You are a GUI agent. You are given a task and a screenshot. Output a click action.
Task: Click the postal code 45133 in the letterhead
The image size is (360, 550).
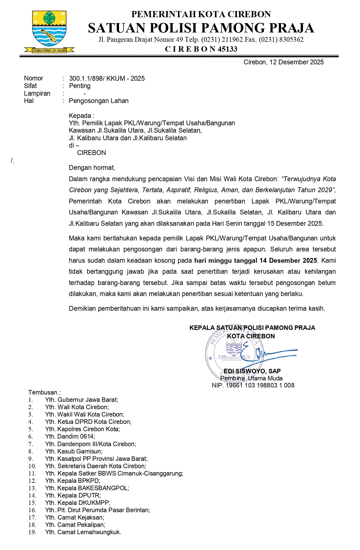pyautogui.click(x=227, y=49)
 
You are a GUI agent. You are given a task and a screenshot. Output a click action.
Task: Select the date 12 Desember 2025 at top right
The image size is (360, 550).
pyautogui.click(x=296, y=62)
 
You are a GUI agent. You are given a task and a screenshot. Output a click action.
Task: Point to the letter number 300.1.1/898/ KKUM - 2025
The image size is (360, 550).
pyautogui.click(x=107, y=78)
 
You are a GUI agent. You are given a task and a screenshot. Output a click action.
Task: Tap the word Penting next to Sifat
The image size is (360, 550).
pyautogui.click(x=80, y=86)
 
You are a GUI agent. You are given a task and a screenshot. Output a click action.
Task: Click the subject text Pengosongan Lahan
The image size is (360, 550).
pyautogui.click(x=99, y=101)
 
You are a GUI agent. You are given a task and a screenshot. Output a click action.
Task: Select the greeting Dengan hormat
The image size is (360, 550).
pyautogui.click(x=92, y=168)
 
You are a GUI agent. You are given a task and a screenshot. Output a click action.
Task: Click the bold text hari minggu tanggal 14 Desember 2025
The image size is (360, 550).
pyautogui.click(x=256, y=260)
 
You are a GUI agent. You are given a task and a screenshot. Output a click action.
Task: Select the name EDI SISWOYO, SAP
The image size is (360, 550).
pyautogui.click(x=252, y=371)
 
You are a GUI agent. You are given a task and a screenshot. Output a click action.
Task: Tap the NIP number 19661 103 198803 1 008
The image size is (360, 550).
pyautogui.click(x=260, y=385)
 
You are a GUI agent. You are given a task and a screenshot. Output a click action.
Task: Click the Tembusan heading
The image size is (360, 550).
pyautogui.click(x=44, y=392)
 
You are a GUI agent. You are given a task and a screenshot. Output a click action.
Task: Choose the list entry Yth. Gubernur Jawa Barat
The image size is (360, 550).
pyautogui.click(x=81, y=400)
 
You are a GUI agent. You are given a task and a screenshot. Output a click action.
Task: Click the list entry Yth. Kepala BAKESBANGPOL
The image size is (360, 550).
pyautogui.click(x=87, y=488)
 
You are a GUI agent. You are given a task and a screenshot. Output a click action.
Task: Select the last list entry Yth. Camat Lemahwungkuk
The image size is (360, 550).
pyautogui.click(x=83, y=532)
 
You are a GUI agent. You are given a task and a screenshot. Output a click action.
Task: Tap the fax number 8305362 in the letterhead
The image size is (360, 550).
pyautogui.click(x=291, y=40)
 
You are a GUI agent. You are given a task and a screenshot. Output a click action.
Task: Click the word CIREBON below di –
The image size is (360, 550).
pyautogui.click(x=91, y=153)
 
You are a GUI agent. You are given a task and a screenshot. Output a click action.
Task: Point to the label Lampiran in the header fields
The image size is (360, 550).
pyautogui.click(x=37, y=93)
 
